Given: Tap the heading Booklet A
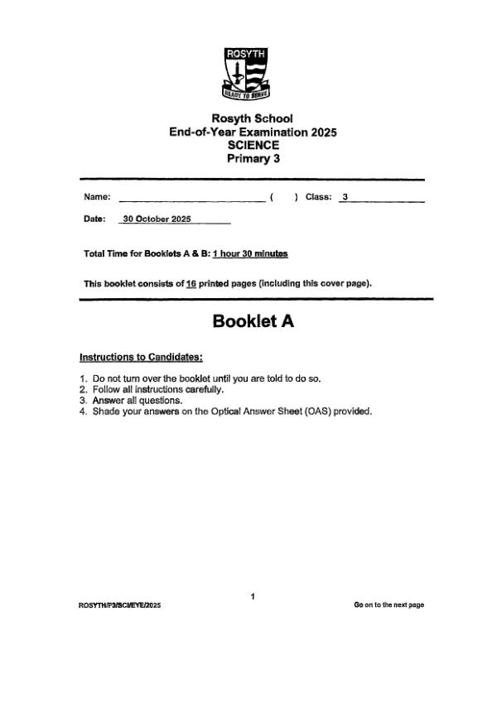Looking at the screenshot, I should pyautogui.click(x=253, y=321).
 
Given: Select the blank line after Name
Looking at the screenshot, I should pyautogui.click(x=192, y=197).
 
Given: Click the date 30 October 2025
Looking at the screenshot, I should pyautogui.click(x=157, y=219).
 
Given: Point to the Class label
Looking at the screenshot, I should pyautogui.click(x=318, y=197).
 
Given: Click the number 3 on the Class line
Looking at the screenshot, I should pyautogui.click(x=345, y=197).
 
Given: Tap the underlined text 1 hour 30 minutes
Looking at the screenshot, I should pyautogui.click(x=250, y=253).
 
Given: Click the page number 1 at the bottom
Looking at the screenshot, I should pyautogui.click(x=253, y=596).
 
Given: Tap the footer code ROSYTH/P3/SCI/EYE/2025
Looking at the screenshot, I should pyautogui.click(x=119, y=605).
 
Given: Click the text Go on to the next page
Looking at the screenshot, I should pyautogui.click(x=388, y=605).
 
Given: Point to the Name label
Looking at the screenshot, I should pyautogui.click(x=97, y=197).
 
